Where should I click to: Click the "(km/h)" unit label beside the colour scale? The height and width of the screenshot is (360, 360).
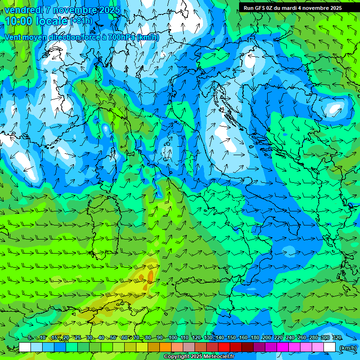tap(348, 348)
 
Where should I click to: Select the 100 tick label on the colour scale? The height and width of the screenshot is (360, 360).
tap(173, 338)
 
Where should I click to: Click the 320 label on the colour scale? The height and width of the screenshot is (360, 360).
tap(337, 338)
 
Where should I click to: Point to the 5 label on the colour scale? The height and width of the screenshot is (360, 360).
tap(30, 338)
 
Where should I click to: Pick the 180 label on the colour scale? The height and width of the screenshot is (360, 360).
tap(255, 338)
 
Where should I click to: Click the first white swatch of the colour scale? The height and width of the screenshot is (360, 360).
tap(25, 347)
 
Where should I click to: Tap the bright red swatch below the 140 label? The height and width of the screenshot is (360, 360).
tap(224, 347)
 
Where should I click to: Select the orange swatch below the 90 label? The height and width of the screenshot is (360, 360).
tap(165, 347)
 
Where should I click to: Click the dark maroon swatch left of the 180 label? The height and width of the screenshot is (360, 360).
tap(247, 347)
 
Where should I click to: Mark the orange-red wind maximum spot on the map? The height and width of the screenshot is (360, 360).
tap(150, 276)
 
